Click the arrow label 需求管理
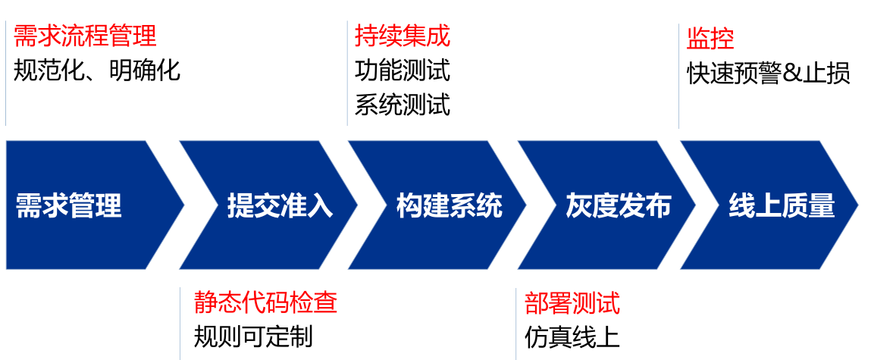click(x=69, y=205)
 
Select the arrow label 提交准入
click(x=280, y=205)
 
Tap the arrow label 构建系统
click(x=450, y=205)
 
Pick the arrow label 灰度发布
click(x=619, y=205)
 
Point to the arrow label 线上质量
click(x=782, y=205)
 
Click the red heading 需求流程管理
click(x=85, y=36)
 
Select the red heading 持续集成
click(x=403, y=36)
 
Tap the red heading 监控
click(x=710, y=38)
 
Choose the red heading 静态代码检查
click(x=265, y=302)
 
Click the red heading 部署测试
click(x=572, y=303)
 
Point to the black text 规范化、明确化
click(x=97, y=70)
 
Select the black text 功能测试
click(x=403, y=70)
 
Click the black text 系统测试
click(x=403, y=105)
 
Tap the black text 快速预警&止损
click(x=769, y=73)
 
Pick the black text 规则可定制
click(x=253, y=336)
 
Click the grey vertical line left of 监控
click(x=678, y=76)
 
